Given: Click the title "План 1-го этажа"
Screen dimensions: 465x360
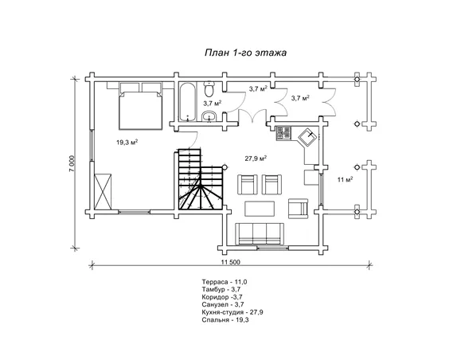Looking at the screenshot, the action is click(x=245, y=53).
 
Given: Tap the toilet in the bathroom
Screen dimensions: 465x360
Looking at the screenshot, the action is click(x=209, y=89).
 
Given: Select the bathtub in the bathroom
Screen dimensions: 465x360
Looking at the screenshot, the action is click(x=187, y=102).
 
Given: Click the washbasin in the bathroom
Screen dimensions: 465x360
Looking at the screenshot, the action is click(x=210, y=116).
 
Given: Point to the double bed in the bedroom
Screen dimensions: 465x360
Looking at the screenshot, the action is click(x=141, y=106).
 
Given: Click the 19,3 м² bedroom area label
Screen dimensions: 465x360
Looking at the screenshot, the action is click(x=127, y=143).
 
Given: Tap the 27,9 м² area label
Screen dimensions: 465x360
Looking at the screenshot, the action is click(x=256, y=158).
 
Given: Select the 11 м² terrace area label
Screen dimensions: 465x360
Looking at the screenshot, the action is click(x=345, y=179).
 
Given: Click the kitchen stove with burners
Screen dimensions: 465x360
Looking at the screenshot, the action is click(x=283, y=133).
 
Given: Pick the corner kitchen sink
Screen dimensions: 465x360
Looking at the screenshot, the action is click(x=308, y=137).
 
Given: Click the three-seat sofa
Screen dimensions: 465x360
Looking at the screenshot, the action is click(x=260, y=234).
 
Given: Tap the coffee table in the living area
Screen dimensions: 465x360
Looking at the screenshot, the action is click(x=260, y=209).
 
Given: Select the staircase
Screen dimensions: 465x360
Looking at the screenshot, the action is click(x=200, y=179).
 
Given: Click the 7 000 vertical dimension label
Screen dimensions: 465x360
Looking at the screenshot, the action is click(x=73, y=163).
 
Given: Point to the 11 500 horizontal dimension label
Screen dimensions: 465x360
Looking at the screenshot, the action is click(x=231, y=262).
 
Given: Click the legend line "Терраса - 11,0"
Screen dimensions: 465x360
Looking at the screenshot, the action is click(x=225, y=282).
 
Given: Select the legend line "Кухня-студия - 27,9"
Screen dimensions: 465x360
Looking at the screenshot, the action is click(x=232, y=312).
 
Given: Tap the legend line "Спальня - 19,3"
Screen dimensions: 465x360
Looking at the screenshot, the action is click(x=225, y=320).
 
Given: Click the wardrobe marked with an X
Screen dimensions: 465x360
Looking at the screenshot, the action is click(x=103, y=192).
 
